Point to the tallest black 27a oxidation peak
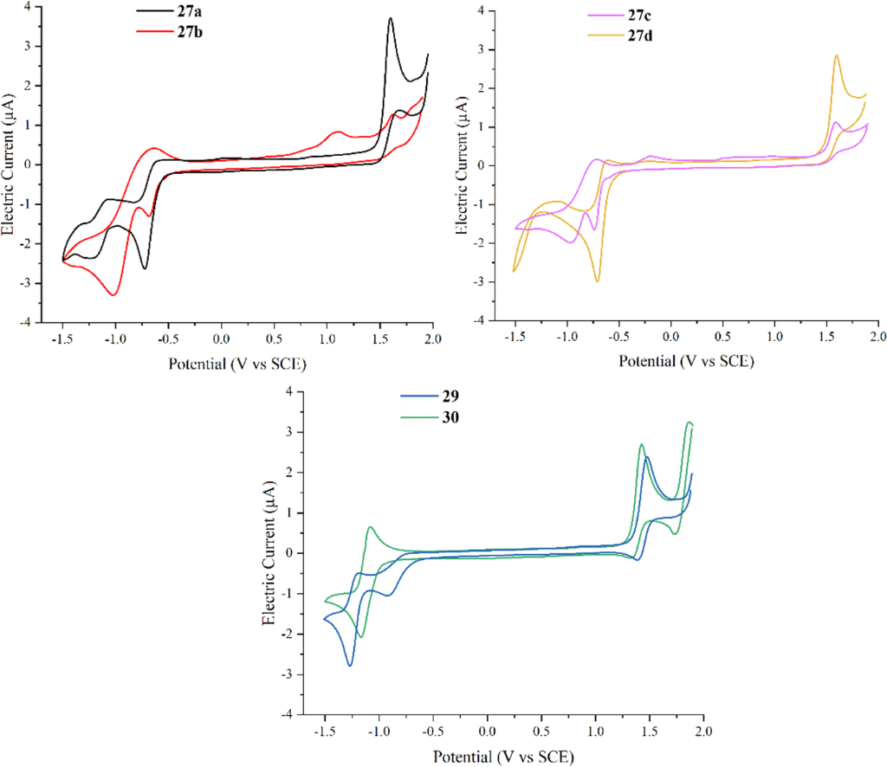(391, 18)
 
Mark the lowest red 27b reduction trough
(113, 295)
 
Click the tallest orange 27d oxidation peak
(837, 55)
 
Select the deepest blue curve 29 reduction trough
(351, 665)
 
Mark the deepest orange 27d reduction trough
(598, 280)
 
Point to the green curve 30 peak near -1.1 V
(371, 526)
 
